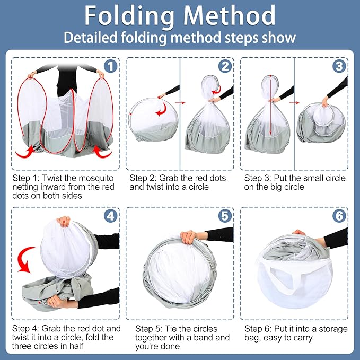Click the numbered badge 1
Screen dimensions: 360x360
pyautogui.click(x=110, y=66)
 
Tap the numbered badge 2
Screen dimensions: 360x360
pyautogui.click(x=225, y=66)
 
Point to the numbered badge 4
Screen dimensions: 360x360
pyautogui.click(x=110, y=216)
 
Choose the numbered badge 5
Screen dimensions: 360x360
pyautogui.click(x=225, y=216)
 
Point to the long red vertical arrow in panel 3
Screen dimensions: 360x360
pyautogui.click(x=271, y=106)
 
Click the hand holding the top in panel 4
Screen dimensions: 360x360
pyautogui.click(x=64, y=221)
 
